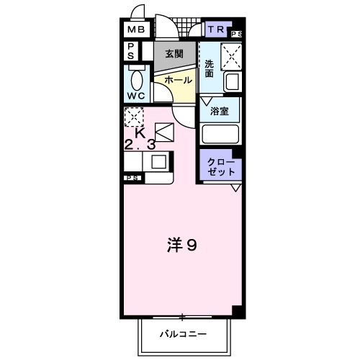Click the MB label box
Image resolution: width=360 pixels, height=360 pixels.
136,30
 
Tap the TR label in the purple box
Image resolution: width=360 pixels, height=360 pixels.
215,30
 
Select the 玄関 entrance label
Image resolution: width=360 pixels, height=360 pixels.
174,54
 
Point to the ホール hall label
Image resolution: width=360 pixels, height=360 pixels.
178,81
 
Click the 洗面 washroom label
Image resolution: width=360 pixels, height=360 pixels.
209,69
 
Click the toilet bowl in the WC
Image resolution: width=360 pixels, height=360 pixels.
137,78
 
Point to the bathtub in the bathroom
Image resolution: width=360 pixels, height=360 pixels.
220,135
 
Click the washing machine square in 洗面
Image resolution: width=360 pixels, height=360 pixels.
232,55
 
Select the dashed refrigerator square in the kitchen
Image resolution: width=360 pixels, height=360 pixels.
134,117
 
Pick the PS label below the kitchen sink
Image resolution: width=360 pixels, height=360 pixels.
132,177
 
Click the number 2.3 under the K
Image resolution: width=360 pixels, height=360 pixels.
140,145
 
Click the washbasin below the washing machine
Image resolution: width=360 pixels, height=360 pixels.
232,81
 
